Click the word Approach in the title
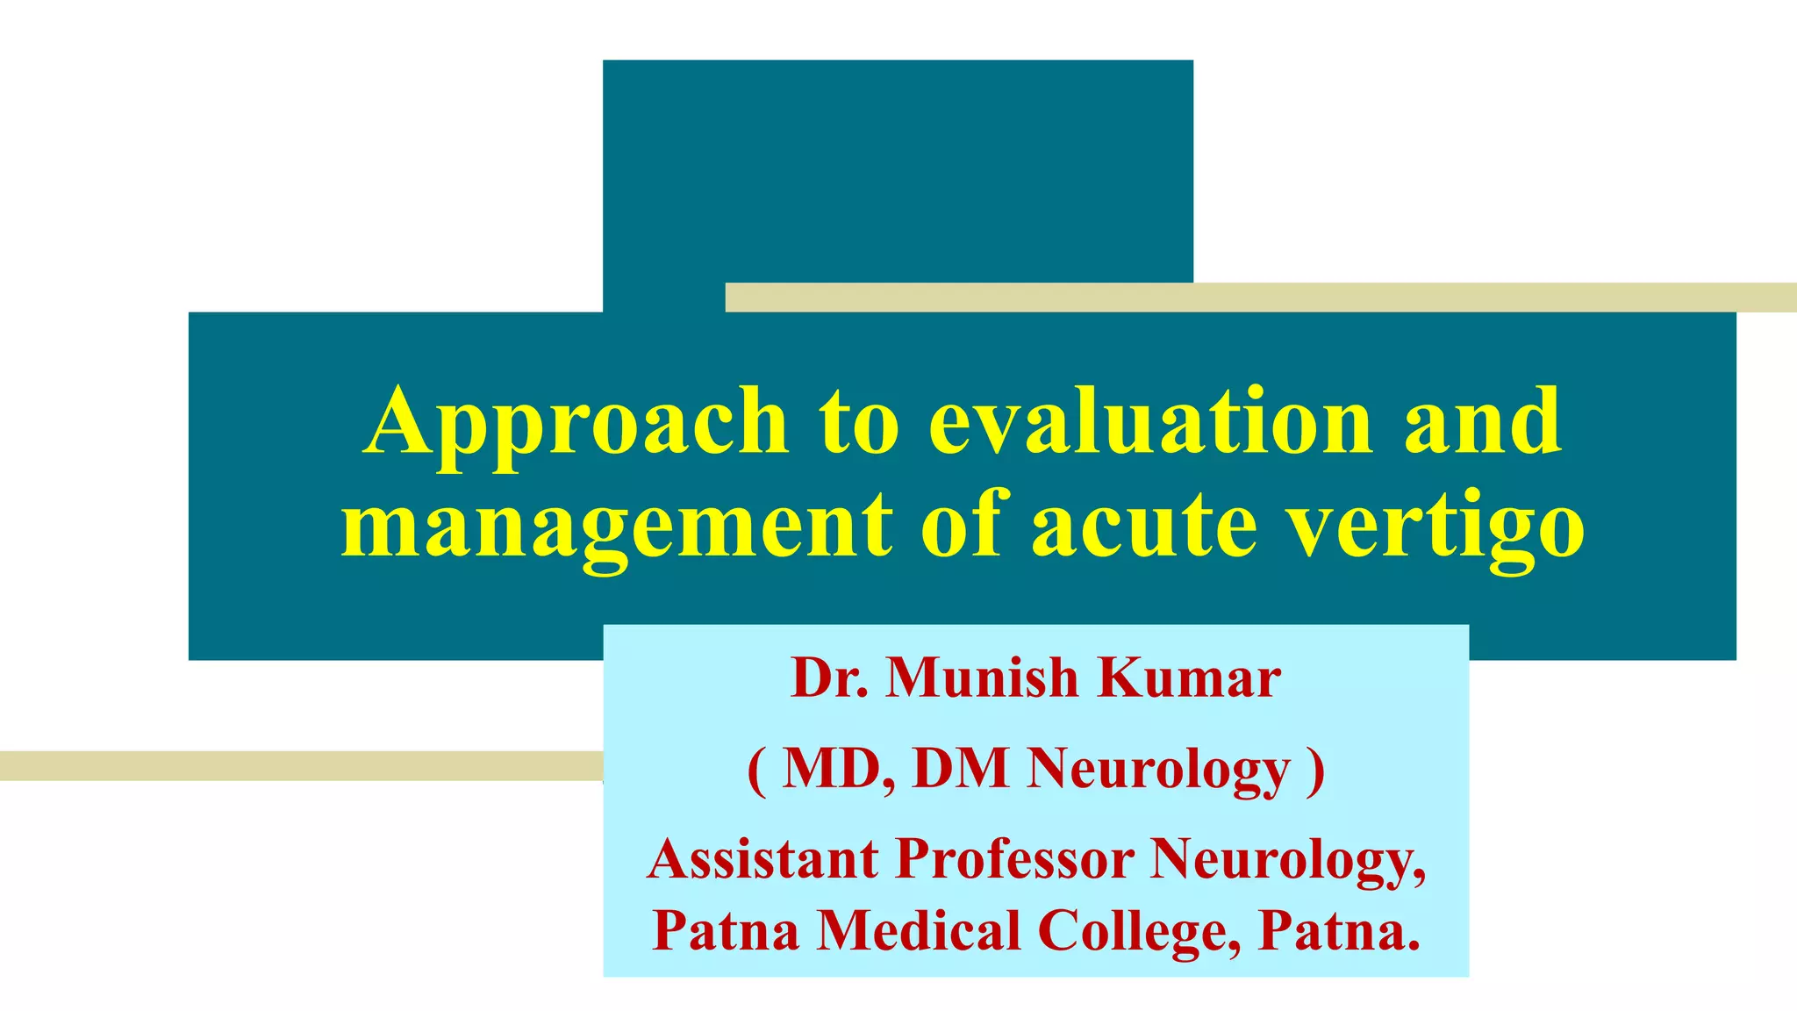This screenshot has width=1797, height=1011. [576, 423]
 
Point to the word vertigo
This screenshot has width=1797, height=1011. [1439, 527]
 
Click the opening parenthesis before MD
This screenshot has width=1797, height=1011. [756, 770]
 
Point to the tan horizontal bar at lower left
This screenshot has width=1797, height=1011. [298, 766]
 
